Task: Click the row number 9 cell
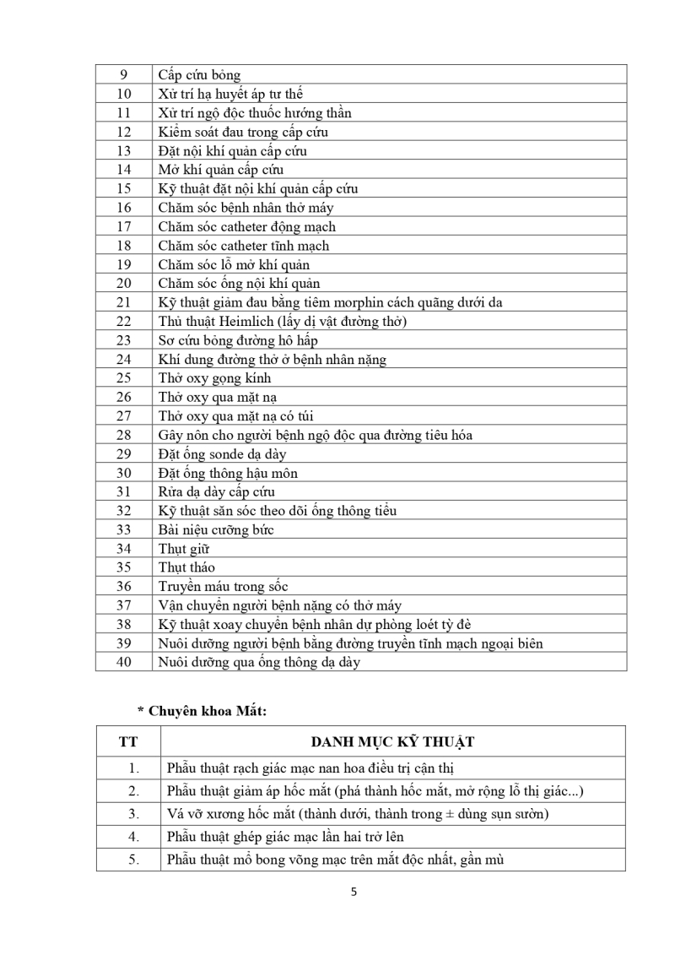point(124,75)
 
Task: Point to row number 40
point(124,662)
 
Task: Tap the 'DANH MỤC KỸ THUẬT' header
point(392,741)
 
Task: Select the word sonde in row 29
point(226,454)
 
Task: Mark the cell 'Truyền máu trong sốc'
point(219,586)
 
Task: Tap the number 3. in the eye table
point(132,814)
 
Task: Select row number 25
point(124,378)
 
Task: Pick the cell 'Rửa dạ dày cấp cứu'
point(217,491)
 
